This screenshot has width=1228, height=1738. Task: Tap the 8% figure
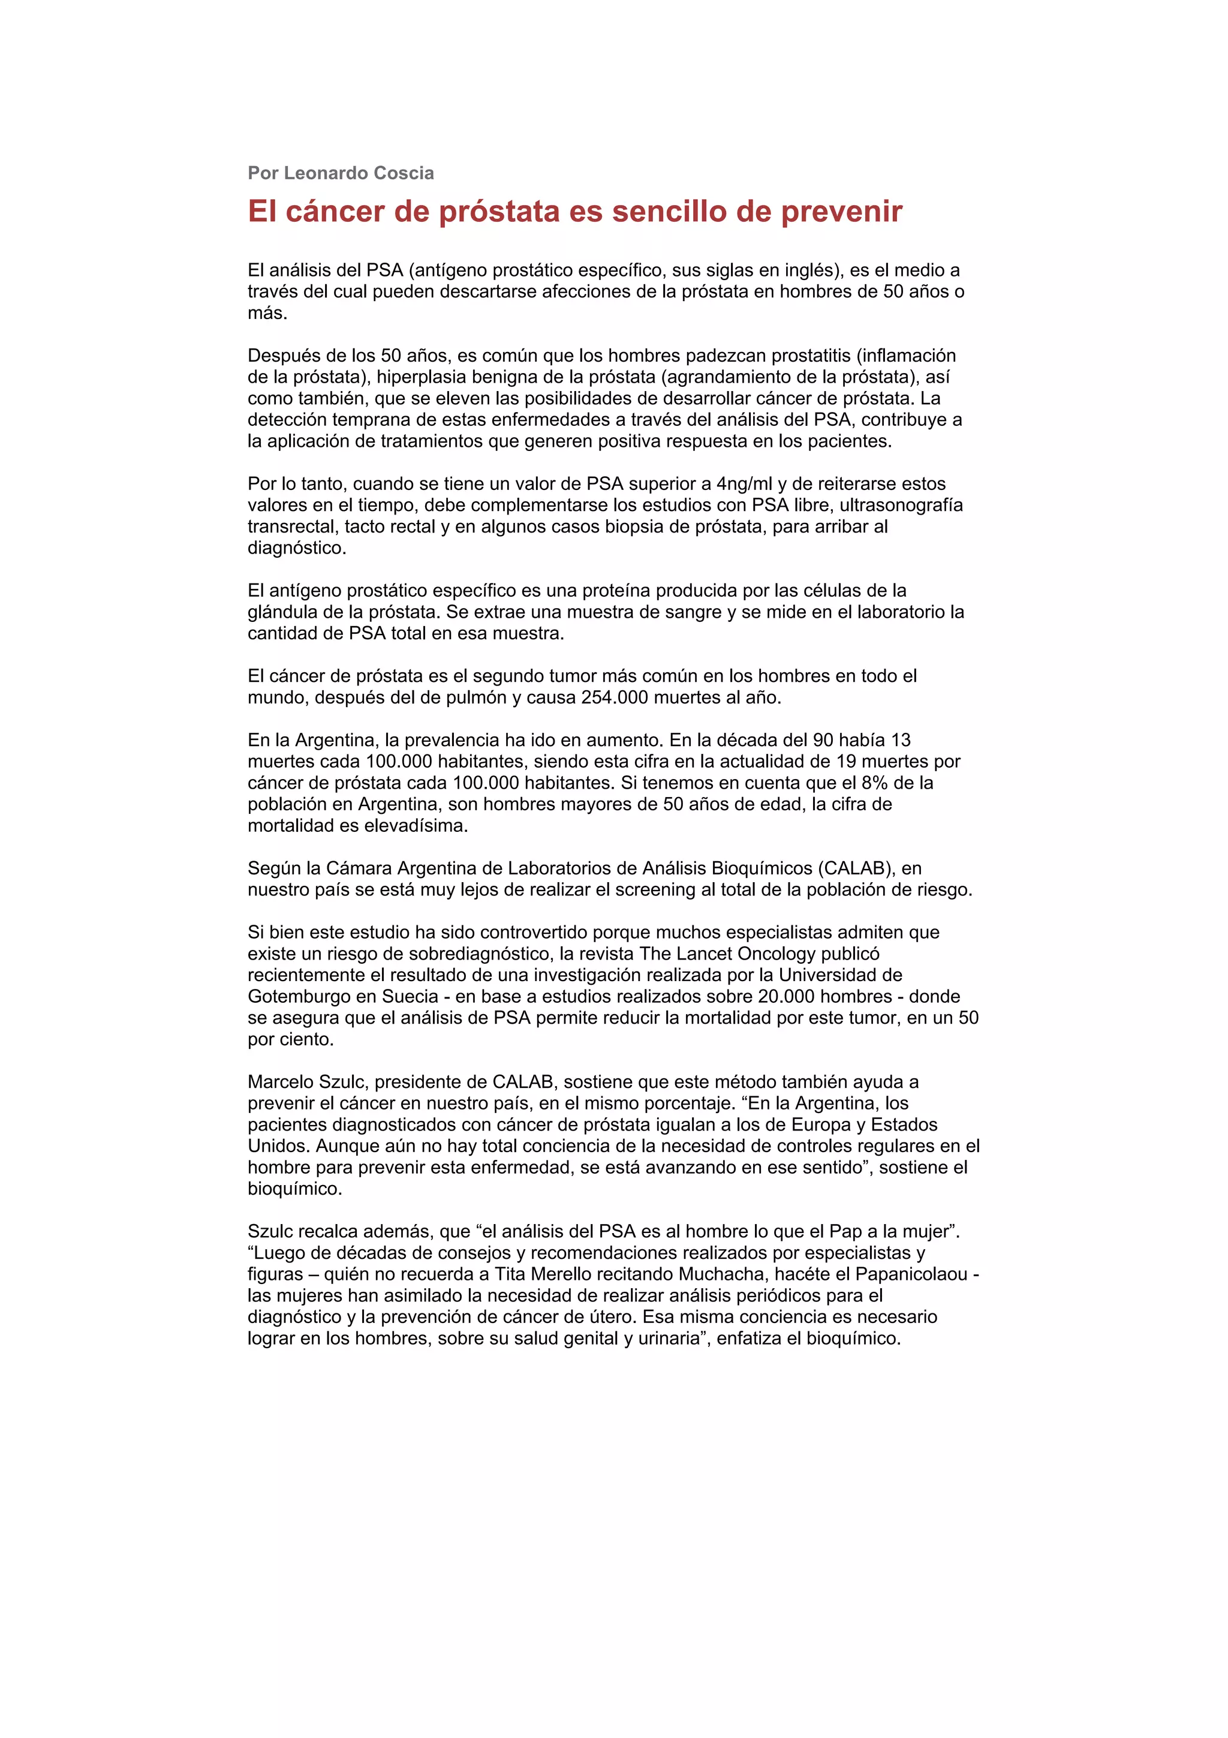click(x=874, y=783)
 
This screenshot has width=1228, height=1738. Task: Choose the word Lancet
click(x=705, y=954)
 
